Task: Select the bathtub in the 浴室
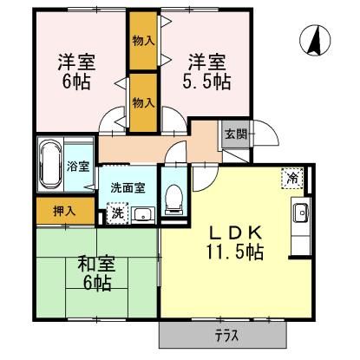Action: point(50,165)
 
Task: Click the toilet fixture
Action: point(173,199)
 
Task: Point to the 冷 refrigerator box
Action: point(292,177)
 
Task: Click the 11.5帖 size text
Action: point(235,252)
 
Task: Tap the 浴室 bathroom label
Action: point(78,166)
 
